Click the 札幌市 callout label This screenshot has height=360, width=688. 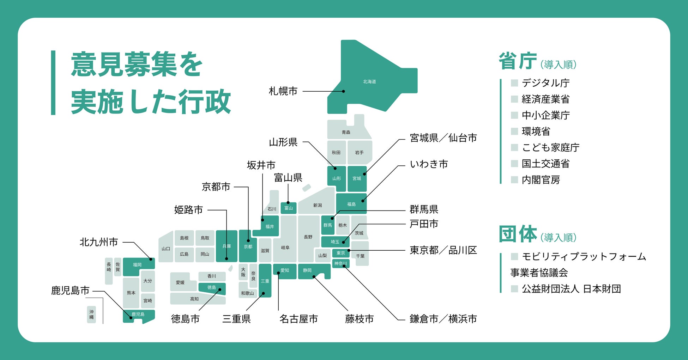click(283, 91)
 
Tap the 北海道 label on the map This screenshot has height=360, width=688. click(369, 81)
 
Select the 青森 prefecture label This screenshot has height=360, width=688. click(346, 132)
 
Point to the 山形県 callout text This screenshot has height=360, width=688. click(283, 142)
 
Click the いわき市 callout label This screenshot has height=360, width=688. click(429, 164)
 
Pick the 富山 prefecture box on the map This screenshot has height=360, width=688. click(289, 208)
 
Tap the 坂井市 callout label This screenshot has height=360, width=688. click(261, 165)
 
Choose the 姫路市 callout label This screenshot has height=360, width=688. click(188, 210)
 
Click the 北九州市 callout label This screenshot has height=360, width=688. click(99, 242)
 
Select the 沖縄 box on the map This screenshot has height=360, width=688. click(91, 314)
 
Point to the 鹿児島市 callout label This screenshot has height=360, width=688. click(70, 291)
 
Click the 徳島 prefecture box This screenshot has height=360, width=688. click(212, 288)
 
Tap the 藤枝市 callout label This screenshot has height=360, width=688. click(359, 319)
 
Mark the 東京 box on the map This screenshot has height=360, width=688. click(341, 253)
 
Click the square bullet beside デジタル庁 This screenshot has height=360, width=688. click(514, 83)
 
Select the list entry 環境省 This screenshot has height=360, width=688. click(536, 132)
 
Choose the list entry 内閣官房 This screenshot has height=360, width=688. click(541, 180)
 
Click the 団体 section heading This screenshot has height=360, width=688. click(518, 234)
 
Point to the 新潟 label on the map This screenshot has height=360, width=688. click(317, 205)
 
